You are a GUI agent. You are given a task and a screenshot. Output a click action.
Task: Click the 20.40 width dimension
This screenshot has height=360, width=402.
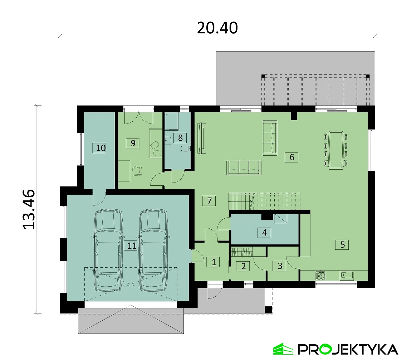(x=217, y=28)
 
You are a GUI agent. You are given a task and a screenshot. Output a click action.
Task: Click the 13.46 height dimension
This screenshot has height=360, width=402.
(x=29, y=209)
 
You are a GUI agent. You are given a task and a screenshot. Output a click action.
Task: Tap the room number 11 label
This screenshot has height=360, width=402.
(x=132, y=245)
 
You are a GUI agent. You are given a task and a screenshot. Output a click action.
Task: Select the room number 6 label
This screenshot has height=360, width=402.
(x=292, y=157)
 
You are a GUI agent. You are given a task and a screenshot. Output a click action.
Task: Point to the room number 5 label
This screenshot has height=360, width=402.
(x=342, y=244)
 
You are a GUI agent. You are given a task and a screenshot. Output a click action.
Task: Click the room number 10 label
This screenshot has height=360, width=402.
(x=101, y=148)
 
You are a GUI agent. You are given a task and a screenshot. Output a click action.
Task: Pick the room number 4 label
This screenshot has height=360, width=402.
(x=264, y=233)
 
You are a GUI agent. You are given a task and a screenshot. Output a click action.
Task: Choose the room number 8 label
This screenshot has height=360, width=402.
(x=180, y=138)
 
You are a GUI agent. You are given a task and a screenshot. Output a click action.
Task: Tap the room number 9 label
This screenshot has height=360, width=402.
(x=133, y=143)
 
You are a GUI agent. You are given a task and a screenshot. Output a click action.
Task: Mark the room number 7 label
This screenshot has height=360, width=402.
(x=209, y=200)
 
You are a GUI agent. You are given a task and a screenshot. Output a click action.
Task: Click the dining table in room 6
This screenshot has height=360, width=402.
(x=336, y=150)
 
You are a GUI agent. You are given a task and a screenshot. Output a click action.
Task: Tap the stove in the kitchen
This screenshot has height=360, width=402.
(x=320, y=276)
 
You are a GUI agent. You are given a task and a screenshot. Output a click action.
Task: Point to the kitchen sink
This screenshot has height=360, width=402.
(x=347, y=276)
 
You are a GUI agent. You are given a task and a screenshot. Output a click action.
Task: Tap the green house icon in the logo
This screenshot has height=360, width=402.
(x=283, y=349)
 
